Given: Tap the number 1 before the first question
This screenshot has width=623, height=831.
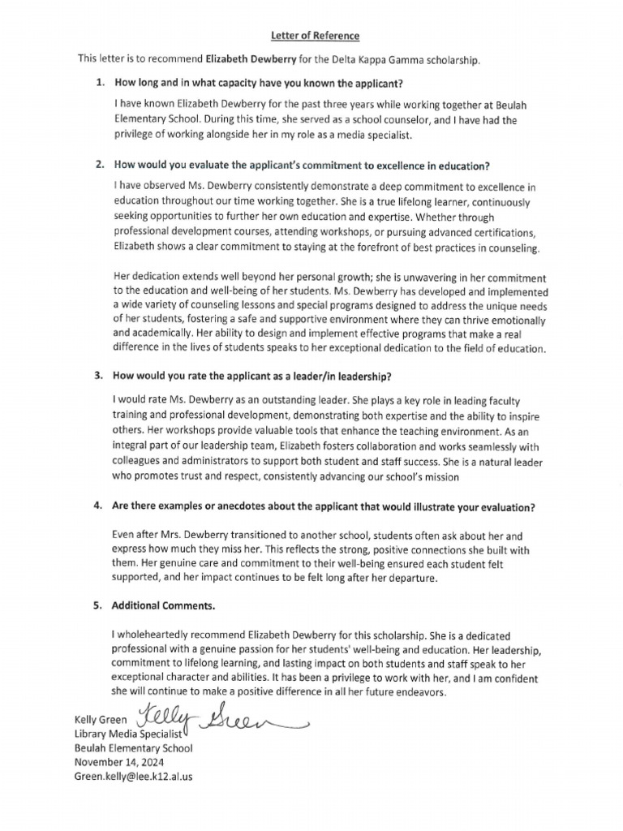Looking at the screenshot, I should pos(99,84).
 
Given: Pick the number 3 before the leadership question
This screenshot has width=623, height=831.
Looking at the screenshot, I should pos(99,377).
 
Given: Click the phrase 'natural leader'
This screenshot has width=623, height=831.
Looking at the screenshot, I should pos(513,462).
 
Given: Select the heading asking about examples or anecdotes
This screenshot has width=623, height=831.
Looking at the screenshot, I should pos(324,507).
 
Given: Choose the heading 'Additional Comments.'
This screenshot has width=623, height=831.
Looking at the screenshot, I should pos(163,605).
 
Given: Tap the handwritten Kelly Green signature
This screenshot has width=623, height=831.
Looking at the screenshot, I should pos(219,717).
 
